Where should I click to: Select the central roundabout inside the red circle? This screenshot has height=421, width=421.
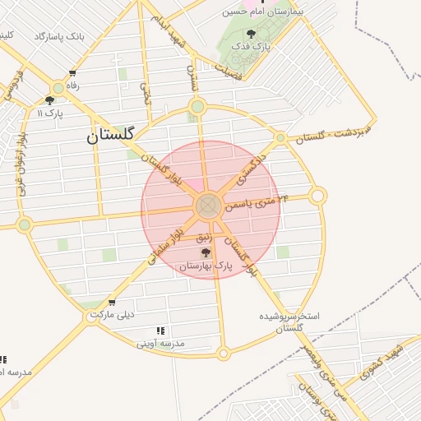[207, 206]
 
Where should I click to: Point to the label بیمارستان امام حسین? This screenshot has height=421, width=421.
[264, 12]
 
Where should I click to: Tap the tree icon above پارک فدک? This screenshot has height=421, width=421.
[250, 35]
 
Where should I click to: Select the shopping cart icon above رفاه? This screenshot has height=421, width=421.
[72, 72]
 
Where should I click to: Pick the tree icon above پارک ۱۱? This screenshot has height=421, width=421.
[49, 100]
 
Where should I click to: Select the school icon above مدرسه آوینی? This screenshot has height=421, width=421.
[161, 330]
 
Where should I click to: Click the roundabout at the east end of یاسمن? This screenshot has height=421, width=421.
[318, 196]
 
